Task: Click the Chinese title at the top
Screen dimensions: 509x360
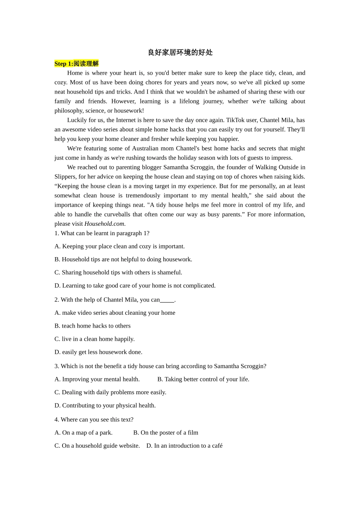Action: [180, 53]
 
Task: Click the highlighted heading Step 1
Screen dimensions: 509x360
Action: [76, 64]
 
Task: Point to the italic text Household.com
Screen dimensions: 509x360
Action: [104, 224]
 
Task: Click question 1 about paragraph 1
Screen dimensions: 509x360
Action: [102, 233]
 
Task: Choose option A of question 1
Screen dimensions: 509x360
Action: [119, 246]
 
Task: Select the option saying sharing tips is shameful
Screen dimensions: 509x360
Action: [118, 272]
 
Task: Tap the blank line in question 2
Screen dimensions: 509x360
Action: [167, 300]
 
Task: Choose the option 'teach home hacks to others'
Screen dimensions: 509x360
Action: [92, 326]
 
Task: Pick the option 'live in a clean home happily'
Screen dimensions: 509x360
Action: [94, 339]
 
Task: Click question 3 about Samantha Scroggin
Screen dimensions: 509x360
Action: [160, 366]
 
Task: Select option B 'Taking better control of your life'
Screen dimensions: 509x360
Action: [203, 379]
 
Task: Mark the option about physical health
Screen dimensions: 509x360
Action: [105, 405]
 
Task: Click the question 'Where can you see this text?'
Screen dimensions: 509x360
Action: [94, 420]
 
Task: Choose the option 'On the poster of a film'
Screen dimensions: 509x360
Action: [166, 432]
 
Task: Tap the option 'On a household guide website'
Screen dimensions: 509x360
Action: [97, 446]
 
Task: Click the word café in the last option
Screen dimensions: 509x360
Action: [217, 446]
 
